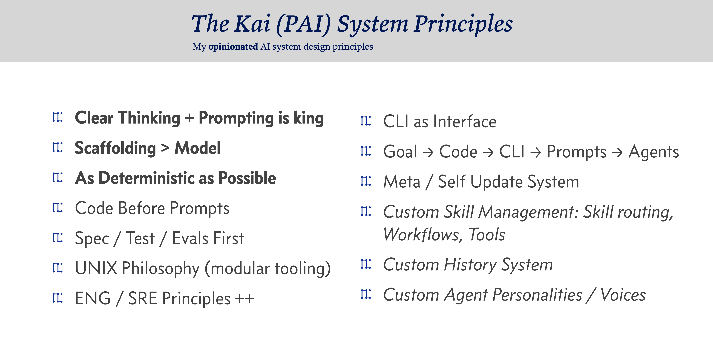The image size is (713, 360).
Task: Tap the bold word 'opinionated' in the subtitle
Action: [233, 47]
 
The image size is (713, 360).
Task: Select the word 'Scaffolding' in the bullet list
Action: [115, 148]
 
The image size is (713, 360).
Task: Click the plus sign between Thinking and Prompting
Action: [189, 118]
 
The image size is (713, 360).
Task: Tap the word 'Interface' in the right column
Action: [465, 122]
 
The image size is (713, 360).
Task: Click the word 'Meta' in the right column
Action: [402, 182]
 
